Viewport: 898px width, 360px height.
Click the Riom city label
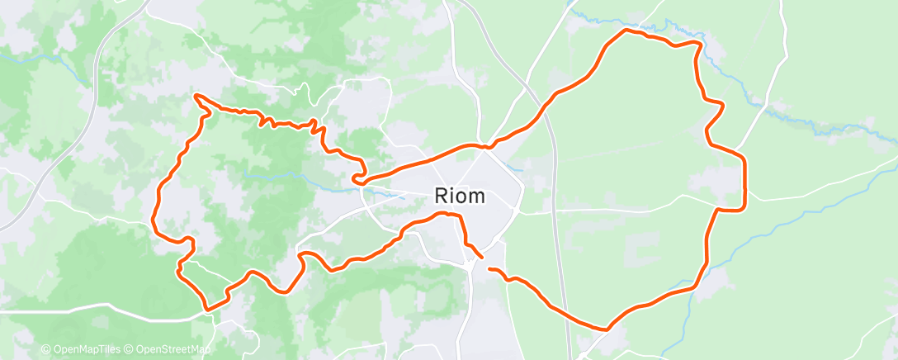pos(461,197)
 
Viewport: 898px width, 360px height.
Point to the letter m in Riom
pos(476,198)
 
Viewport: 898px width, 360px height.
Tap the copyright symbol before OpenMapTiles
pos(45,350)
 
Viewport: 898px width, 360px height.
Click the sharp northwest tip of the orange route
pos(196,96)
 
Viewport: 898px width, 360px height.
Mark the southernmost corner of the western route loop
pos(207,310)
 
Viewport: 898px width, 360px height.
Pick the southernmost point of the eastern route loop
pos(607,329)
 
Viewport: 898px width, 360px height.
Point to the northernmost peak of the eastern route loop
pos(625,30)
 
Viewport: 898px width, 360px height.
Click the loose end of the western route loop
pos(481,257)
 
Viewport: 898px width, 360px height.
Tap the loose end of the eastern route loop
pos(489,269)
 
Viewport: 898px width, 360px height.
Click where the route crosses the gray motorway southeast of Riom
pos(564,315)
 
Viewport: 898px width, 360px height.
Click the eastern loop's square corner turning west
pos(744,209)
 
